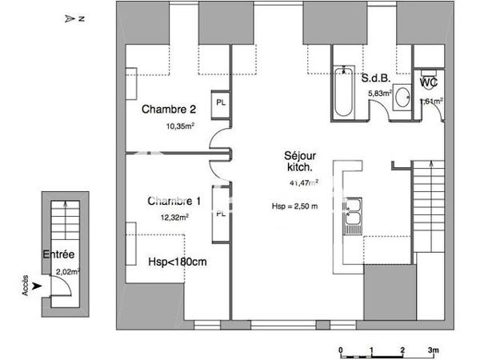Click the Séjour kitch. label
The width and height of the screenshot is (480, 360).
coord(298,162)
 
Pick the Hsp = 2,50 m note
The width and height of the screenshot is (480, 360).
coord(295,206)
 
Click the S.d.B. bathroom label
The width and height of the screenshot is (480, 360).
coord(375,78)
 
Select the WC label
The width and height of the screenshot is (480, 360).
coord(428,82)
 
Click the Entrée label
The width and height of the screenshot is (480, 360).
coord(60,255)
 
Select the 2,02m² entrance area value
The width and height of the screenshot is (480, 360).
coord(67,272)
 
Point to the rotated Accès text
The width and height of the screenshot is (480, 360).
coord(25,285)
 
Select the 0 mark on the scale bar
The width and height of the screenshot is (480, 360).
coord(341,350)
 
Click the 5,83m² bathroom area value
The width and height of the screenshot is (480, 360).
coord(378,94)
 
